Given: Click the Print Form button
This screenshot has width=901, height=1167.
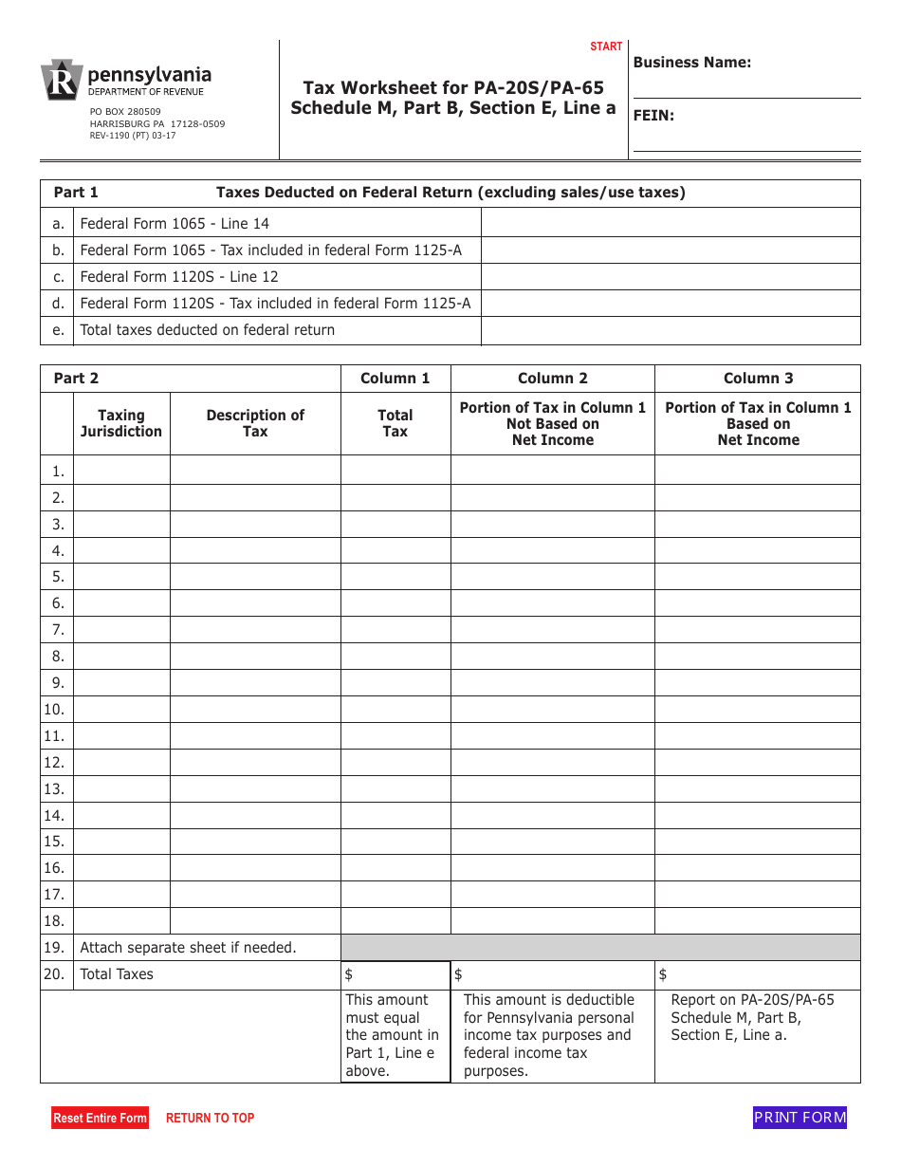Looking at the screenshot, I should point(800,1118).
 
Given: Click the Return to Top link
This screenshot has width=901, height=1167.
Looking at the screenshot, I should point(210,1119).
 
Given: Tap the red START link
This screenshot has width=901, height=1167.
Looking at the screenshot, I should point(606,46).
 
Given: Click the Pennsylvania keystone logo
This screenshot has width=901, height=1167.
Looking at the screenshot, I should point(61,81).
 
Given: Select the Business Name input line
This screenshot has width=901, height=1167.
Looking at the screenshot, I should point(746,86).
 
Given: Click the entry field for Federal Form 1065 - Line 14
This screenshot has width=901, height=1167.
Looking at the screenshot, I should point(671,224).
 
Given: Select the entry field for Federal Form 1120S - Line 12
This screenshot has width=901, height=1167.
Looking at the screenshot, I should point(671,277).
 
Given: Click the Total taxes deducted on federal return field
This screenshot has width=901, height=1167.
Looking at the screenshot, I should point(671,330).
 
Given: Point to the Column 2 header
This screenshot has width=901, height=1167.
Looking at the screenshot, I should point(552,379).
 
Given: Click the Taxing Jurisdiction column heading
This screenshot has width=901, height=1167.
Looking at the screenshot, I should point(121,423).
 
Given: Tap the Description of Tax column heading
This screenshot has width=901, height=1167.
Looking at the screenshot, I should point(255,423).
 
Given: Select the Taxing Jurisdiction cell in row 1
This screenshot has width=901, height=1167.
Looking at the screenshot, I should point(121,471).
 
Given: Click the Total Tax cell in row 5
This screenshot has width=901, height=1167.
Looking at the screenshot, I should point(395,577).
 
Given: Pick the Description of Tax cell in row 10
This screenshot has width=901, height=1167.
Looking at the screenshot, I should point(255,710).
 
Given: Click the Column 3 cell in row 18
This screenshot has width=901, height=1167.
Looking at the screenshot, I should point(758,921).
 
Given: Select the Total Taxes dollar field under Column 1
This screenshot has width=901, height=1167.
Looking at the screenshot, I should point(395,975).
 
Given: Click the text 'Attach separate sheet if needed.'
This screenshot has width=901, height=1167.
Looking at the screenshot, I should point(188,948).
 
